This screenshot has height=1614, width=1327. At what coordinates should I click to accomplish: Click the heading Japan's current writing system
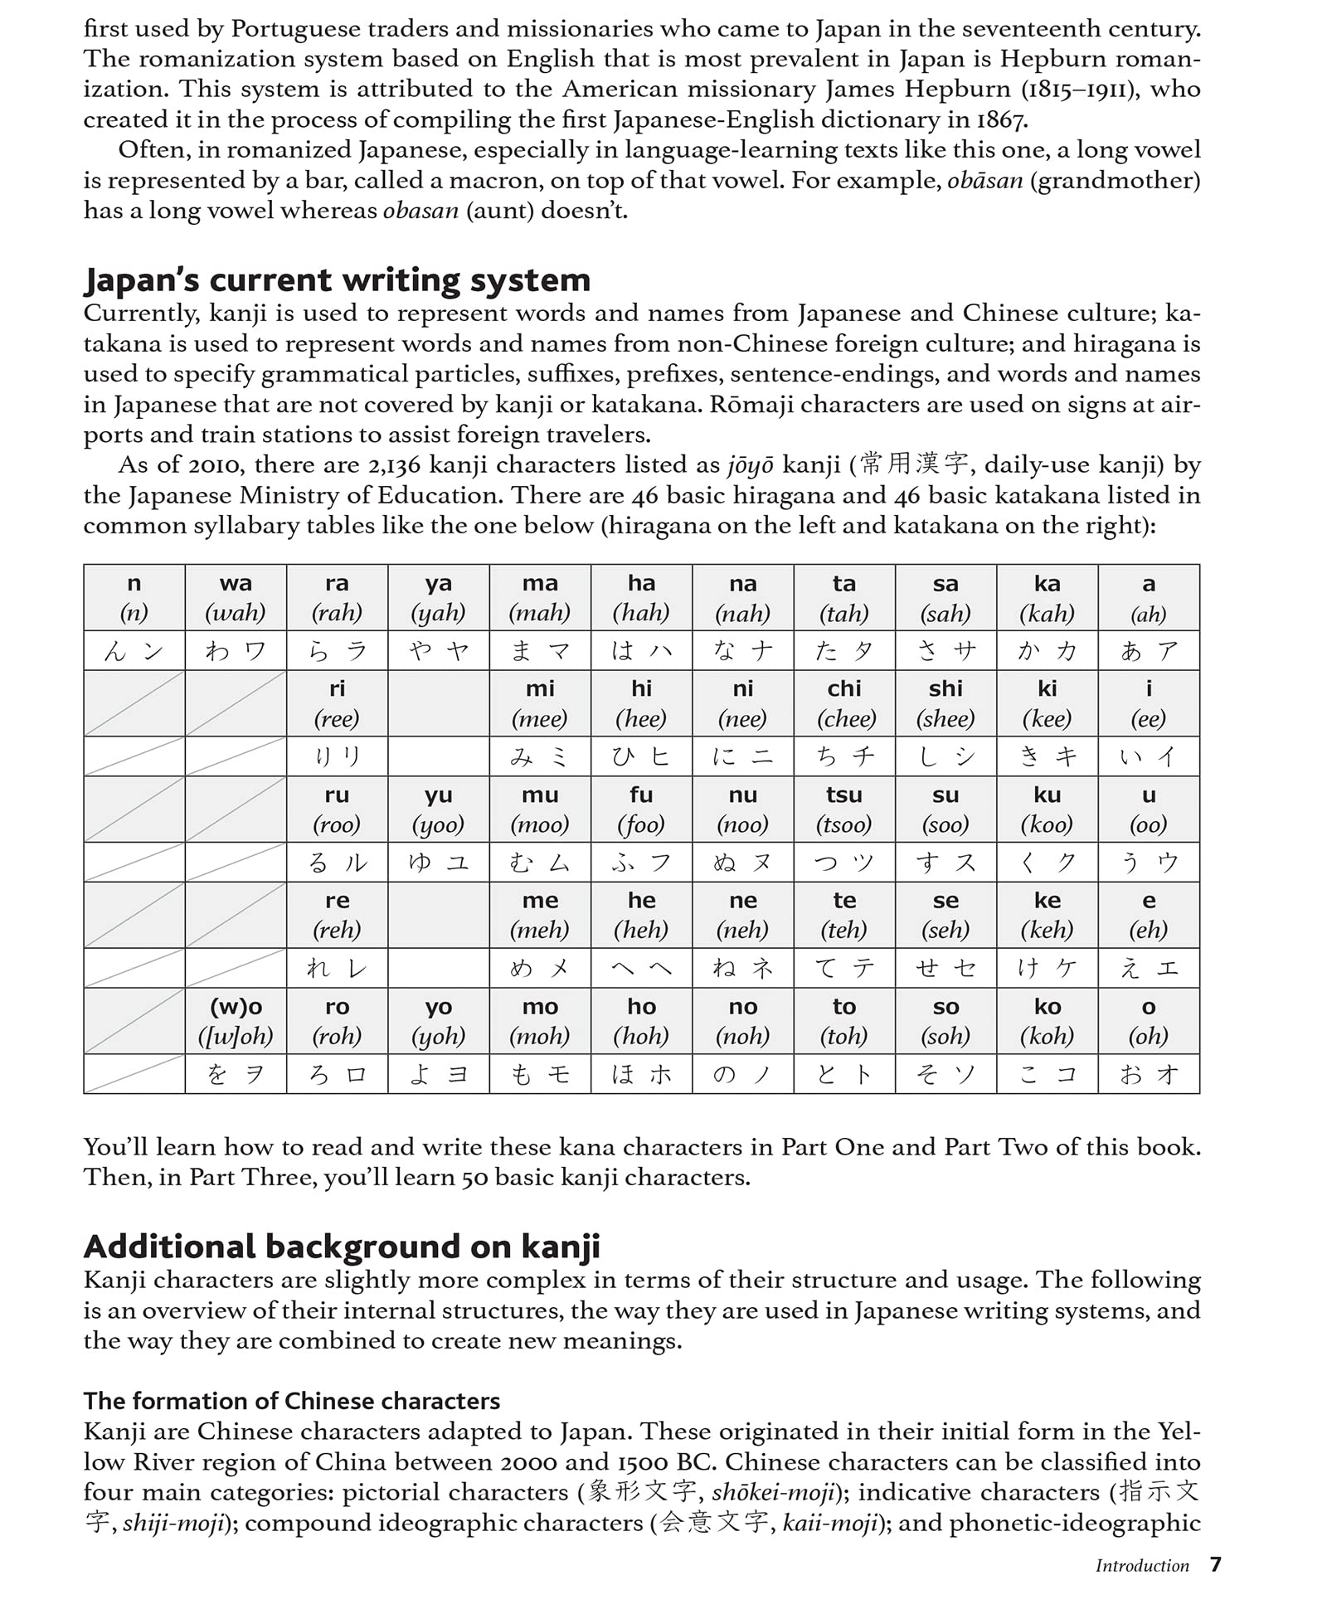click(x=337, y=280)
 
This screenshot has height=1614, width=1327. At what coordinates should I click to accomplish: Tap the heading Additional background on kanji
click(x=342, y=1247)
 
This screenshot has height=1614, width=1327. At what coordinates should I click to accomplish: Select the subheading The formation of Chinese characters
click(x=291, y=1401)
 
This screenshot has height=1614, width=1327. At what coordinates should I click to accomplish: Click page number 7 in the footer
click(x=1215, y=1564)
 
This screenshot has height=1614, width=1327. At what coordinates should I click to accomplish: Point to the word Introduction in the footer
click(x=1142, y=1566)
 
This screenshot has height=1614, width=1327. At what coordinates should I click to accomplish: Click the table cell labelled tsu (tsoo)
click(x=844, y=809)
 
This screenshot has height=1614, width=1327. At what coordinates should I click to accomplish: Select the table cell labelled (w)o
click(x=236, y=1020)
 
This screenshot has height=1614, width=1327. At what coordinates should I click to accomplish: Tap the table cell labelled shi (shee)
click(x=945, y=702)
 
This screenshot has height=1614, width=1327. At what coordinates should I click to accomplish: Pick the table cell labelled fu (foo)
click(x=641, y=809)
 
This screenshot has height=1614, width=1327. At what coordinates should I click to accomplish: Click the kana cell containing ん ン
click(x=134, y=651)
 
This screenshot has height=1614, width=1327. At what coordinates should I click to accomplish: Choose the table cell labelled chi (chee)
click(x=844, y=702)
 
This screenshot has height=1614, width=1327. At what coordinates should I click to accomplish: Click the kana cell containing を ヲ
click(x=236, y=1074)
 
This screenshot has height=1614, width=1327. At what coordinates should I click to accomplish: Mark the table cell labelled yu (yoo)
click(x=439, y=809)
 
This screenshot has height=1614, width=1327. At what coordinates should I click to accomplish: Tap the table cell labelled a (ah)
click(x=1149, y=597)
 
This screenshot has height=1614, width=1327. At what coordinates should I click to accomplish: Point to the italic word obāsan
click(x=984, y=181)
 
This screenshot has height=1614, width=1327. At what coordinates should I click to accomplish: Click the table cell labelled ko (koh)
click(x=1048, y=1020)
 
